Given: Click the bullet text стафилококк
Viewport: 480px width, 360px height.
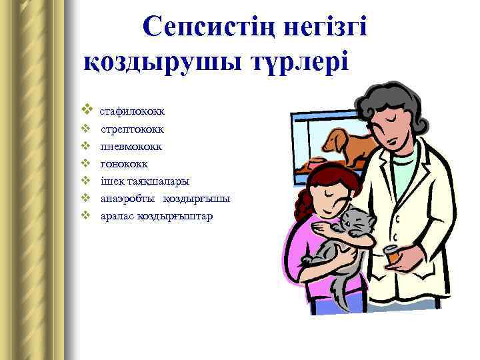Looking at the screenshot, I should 137,110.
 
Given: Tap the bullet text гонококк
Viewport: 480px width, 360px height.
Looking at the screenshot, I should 124,163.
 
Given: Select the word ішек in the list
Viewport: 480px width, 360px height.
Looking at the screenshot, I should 112,181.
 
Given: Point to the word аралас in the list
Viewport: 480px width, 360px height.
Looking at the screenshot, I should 117,216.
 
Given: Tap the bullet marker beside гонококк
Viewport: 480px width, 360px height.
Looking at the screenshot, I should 85,163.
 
